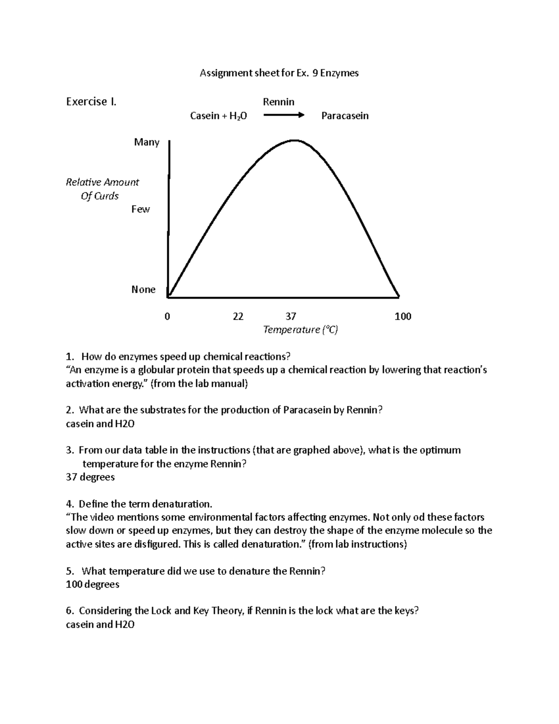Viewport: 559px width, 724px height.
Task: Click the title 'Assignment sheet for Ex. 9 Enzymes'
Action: tap(279, 73)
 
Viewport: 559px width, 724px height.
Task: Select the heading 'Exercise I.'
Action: tap(91, 102)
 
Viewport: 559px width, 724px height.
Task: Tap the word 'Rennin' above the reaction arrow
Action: tap(279, 102)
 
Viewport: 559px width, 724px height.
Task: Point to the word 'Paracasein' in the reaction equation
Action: tap(345, 116)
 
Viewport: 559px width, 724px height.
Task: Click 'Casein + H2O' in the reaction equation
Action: tap(218, 116)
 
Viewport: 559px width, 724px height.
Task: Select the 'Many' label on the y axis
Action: tap(147, 142)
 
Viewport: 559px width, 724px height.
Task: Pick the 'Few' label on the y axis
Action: tap(140, 209)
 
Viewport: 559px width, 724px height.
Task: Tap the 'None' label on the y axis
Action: tap(143, 290)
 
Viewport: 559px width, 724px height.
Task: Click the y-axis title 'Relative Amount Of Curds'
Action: tap(102, 189)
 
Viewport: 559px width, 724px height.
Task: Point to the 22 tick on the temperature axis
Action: tap(238, 317)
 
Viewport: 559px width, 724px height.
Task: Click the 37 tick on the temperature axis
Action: tap(291, 317)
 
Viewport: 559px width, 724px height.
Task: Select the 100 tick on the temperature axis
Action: tap(403, 317)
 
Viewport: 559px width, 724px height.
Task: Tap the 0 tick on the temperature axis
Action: tap(168, 317)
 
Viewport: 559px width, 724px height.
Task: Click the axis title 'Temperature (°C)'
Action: tap(300, 330)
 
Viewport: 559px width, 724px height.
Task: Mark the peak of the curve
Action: tap(294, 140)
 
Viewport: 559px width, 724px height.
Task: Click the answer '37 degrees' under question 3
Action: tap(90, 477)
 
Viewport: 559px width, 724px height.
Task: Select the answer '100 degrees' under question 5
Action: tap(93, 584)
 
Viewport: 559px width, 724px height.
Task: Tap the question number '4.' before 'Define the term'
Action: tap(70, 504)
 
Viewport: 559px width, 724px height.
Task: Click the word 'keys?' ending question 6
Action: tap(407, 611)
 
